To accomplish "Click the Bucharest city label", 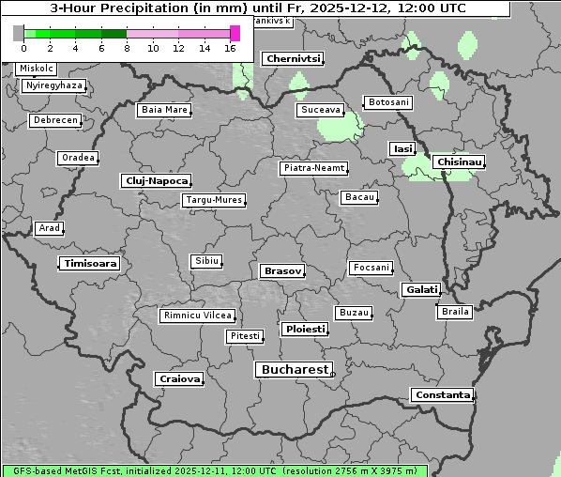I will [x=295, y=370].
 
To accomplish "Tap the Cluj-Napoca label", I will [x=157, y=180].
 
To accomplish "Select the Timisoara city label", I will [x=90, y=264].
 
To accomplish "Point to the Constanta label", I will [x=442, y=395].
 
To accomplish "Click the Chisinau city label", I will [x=459, y=162].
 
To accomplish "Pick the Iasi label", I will [x=402, y=148].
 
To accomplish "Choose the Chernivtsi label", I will [x=294, y=58].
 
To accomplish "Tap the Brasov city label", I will [x=282, y=270].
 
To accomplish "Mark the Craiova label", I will [x=179, y=378].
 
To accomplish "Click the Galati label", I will [x=419, y=290].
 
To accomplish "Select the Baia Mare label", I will [x=164, y=110].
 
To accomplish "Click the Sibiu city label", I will [x=205, y=260].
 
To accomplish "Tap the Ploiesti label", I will [x=305, y=330].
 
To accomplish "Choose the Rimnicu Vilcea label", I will [x=198, y=315].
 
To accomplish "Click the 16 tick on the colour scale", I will [x=230, y=48].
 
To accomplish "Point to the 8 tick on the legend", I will [x=127, y=48].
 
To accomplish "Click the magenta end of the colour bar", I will [x=235, y=33].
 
